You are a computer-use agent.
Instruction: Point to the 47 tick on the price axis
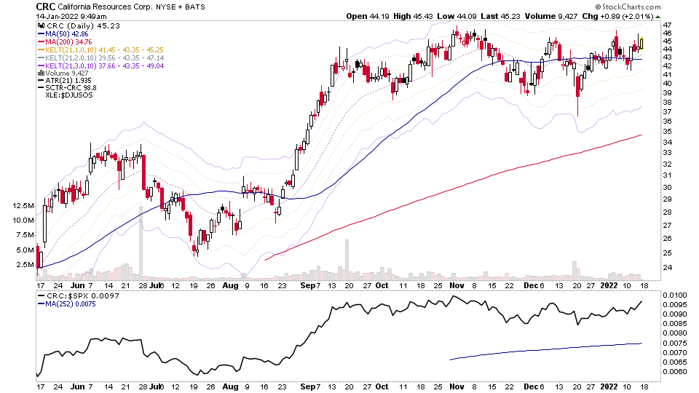[667, 25]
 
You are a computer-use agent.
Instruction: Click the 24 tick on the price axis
[667, 267]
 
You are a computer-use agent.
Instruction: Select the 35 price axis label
[667, 132]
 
